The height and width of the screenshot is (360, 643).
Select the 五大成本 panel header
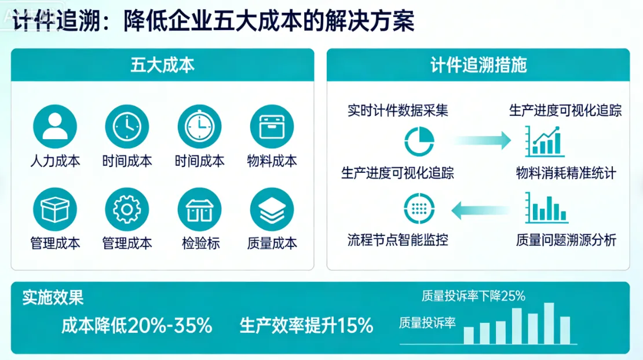coord(162,65)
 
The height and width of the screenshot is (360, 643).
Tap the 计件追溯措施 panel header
coord(478,65)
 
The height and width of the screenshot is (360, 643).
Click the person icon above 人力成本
coord(55,126)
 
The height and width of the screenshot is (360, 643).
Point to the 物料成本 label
coord(272,161)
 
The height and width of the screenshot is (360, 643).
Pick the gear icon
coord(127,209)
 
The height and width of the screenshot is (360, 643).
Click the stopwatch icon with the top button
coord(199,126)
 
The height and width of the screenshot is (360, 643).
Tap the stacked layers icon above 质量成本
coord(272,209)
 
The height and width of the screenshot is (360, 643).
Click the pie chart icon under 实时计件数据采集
coord(419,141)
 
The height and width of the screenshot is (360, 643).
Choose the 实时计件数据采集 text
coord(397,110)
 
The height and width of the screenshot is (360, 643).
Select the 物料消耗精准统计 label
coord(566,173)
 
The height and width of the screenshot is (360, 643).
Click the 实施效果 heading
coord(53,297)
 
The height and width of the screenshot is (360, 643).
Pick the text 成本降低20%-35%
coord(137,325)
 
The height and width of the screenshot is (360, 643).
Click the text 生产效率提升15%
coord(306,325)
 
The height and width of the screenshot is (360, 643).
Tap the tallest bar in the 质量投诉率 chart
coord(549,323)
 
